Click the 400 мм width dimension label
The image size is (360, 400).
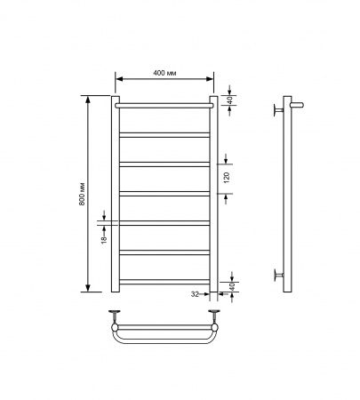tap(164, 73)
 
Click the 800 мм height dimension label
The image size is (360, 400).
tap(83, 194)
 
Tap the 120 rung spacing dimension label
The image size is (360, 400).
tap(227, 178)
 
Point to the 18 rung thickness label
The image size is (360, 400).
tap(104, 240)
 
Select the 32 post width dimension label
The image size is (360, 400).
tap(195, 294)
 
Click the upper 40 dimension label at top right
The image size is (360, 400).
tap(233, 100)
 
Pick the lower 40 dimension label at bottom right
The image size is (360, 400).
tap(232, 286)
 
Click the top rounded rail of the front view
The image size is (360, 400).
tap(164, 106)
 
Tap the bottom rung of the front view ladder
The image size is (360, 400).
tap(164, 282)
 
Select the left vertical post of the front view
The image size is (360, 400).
tap(116, 194)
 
